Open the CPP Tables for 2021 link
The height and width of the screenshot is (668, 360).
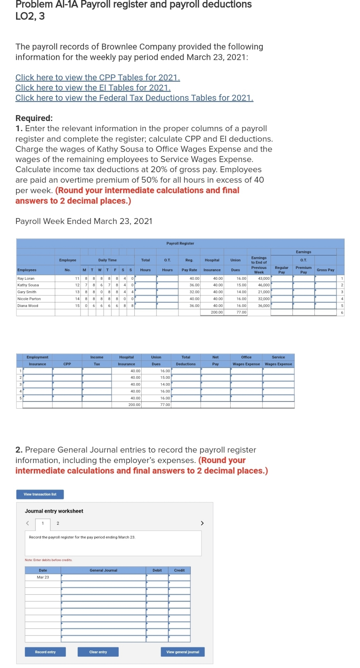[97, 78]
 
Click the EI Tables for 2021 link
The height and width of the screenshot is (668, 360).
[93, 88]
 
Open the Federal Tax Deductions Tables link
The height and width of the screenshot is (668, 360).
[134, 98]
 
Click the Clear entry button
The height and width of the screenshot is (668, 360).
[98, 652]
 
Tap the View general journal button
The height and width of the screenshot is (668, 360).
[183, 652]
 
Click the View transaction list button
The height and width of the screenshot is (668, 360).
[40, 494]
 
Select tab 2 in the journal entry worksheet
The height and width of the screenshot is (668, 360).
[58, 523]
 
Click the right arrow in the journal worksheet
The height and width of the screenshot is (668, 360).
[202, 523]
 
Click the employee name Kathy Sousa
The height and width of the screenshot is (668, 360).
[28, 285]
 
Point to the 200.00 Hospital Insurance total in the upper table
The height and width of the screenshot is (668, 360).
[217, 312]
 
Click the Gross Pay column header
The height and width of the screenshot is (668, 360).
[325, 270]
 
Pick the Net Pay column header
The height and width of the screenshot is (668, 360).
[215, 360]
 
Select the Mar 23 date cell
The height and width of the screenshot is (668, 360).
[43, 577]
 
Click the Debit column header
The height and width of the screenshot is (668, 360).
[157, 570]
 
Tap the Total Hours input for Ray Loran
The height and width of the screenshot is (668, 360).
[145, 279]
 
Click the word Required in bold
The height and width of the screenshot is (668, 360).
[33, 118]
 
